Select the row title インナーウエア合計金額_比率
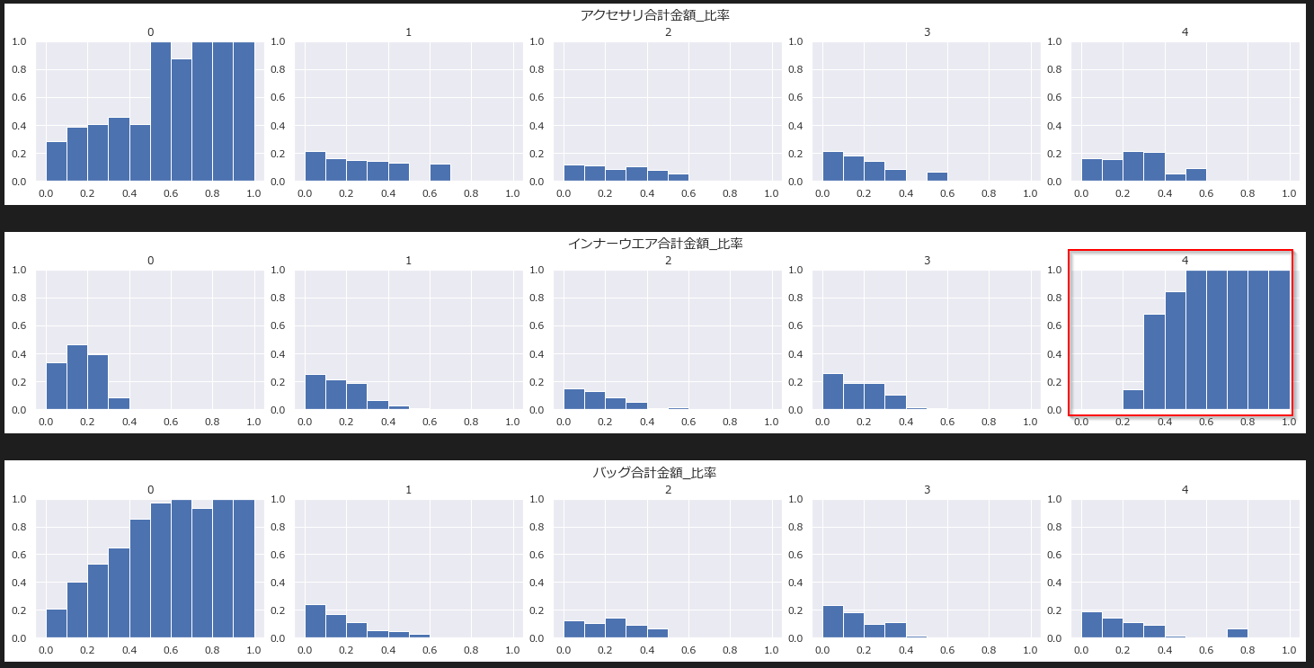[656, 244]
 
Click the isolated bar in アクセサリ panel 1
[439, 173]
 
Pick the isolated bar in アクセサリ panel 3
[937, 177]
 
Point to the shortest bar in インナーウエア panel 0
[119, 404]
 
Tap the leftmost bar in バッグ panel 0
[56, 624]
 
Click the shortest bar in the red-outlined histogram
[1133, 400]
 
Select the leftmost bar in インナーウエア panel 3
[833, 392]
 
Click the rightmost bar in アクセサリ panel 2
[679, 178]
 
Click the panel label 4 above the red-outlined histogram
[1185, 261]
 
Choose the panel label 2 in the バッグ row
[668, 490]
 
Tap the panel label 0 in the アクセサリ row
[150, 32]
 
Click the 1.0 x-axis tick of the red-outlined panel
[1288, 422]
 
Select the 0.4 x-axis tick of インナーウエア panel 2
[647, 422]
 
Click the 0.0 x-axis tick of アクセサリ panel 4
[1081, 192]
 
